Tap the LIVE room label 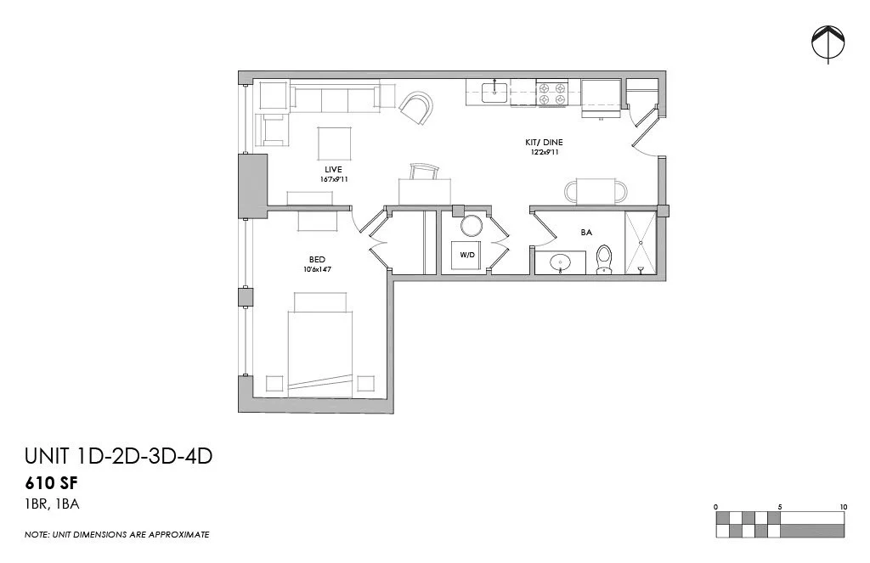tap(321, 170)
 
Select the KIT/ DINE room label tap(544, 143)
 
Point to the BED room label tap(318, 260)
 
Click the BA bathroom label tap(586, 231)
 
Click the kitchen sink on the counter tap(494, 92)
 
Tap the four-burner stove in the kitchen tap(552, 93)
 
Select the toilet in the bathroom tap(604, 258)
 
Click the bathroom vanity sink tap(560, 263)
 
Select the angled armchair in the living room tap(416, 108)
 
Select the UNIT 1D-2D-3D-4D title tap(118, 457)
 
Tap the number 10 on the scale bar tap(843, 507)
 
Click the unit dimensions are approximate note tap(117, 535)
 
